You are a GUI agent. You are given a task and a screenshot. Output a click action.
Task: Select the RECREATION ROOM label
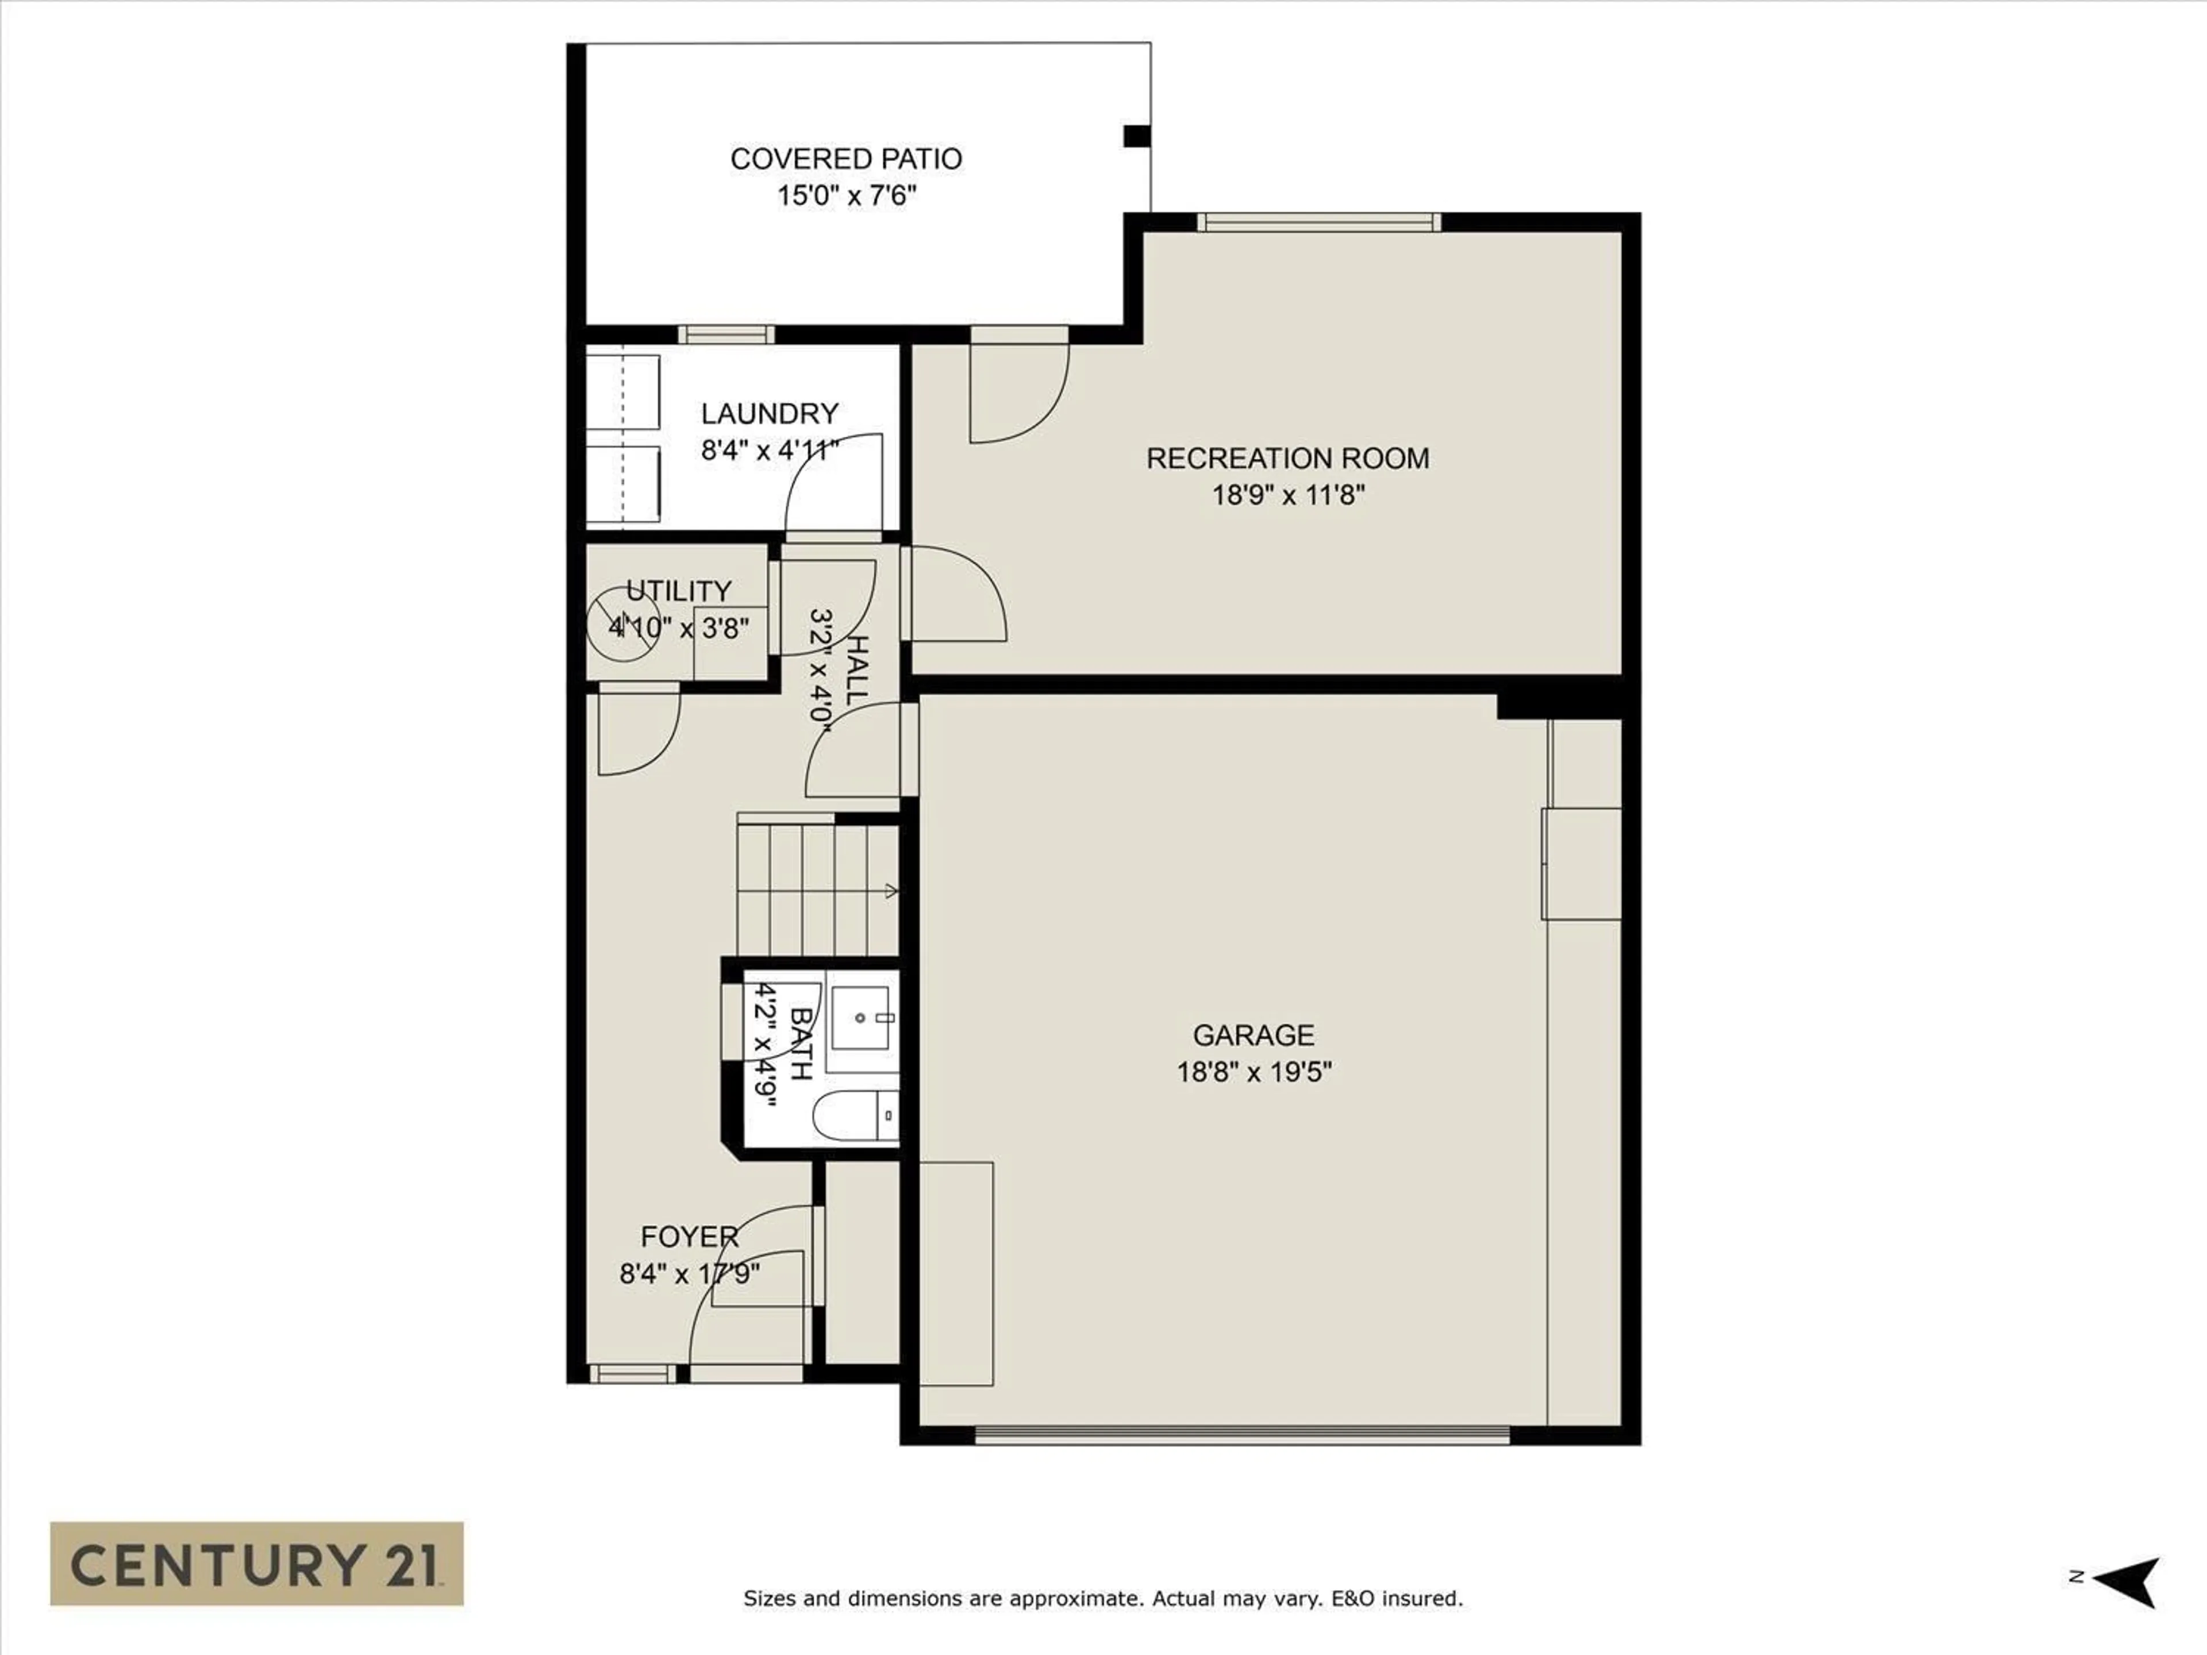click(x=1287, y=459)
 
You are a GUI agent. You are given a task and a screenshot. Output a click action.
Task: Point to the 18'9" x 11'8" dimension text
click(x=1287, y=495)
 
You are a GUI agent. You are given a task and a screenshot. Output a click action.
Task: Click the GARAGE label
click(x=1253, y=1036)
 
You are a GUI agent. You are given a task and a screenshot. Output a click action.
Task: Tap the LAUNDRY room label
click(x=769, y=414)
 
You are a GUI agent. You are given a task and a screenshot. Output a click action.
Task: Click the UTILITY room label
click(x=678, y=591)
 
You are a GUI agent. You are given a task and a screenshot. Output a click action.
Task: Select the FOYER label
click(x=690, y=1237)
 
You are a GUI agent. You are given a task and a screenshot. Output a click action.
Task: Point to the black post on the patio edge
click(x=1137, y=136)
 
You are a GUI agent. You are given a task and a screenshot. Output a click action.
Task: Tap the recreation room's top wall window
click(x=1319, y=221)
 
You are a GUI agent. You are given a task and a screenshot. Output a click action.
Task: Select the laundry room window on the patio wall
click(x=726, y=334)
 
